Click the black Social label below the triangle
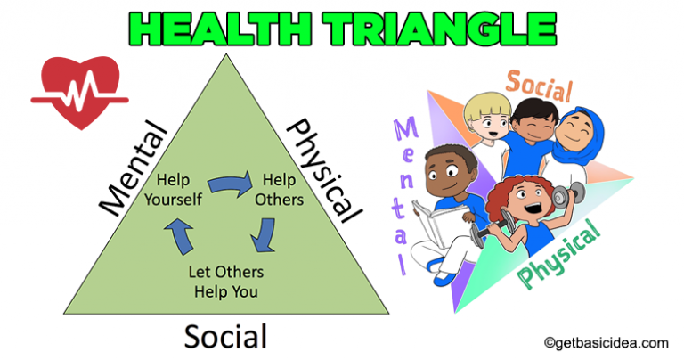(225, 336)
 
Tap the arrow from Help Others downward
(262, 235)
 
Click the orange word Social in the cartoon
(539, 86)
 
